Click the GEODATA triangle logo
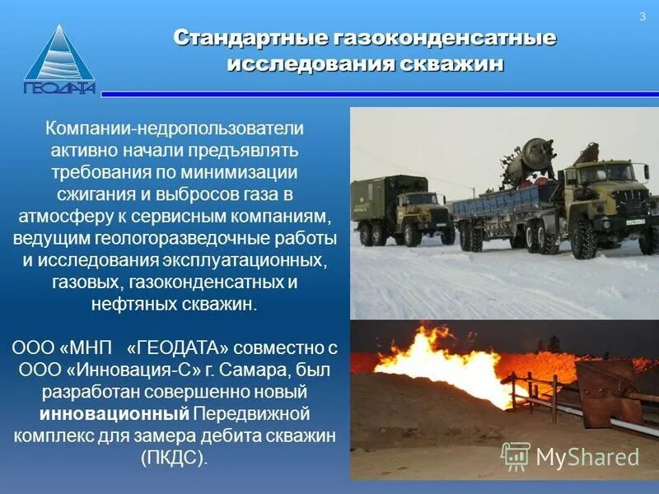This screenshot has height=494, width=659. tap(59, 62)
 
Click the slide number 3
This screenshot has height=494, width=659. tap(642, 18)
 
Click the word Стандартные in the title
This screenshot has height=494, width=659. tap(250, 39)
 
